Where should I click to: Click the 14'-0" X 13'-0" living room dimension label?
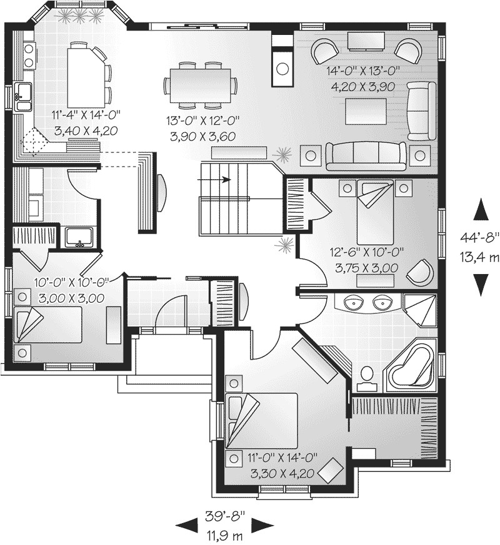362,71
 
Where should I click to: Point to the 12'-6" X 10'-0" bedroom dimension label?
367,252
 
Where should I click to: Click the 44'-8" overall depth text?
481,237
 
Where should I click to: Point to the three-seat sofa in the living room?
365,154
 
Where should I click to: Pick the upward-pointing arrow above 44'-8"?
480,210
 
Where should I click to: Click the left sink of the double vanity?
356,303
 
